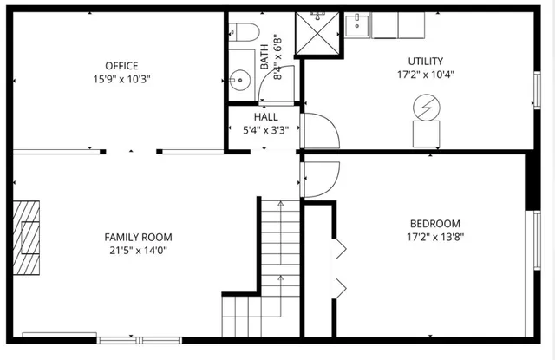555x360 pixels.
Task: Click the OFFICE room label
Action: pos(121,66)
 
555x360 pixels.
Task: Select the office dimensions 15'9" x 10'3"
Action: pos(121,79)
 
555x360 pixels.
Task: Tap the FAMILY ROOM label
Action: pos(138,237)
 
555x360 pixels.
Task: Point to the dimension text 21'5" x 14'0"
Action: pos(138,251)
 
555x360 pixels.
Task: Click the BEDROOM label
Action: pos(433,223)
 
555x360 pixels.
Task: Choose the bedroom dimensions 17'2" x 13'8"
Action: pos(433,237)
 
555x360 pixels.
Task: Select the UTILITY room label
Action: pos(426,62)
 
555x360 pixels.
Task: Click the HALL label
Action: pos(265,117)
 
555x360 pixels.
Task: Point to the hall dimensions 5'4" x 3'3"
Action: pos(265,131)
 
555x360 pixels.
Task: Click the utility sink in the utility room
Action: pos(357,26)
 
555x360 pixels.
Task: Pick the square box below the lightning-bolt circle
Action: pos(426,134)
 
